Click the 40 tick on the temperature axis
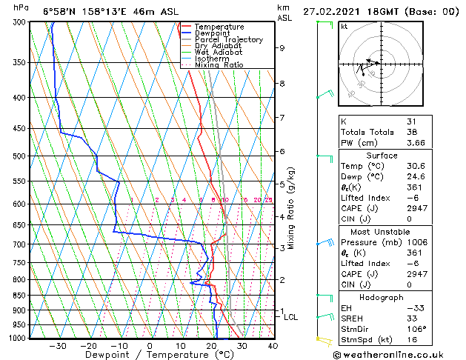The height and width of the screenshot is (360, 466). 273,346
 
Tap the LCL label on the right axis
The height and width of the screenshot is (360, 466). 291,317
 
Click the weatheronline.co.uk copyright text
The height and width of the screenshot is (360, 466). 401,354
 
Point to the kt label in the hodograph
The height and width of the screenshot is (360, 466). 344,27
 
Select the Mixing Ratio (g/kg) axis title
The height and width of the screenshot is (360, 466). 291,208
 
